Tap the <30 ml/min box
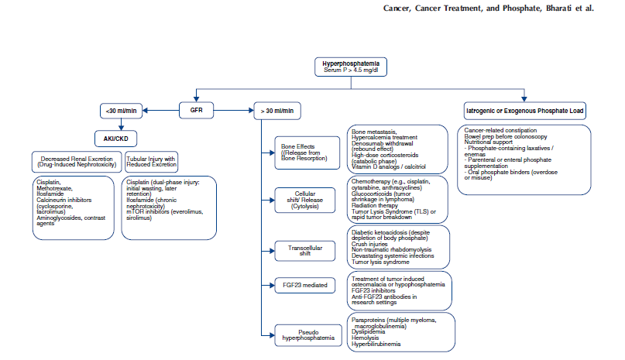coord(122,111)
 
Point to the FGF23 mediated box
coord(304,286)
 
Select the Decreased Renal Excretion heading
coord(76,161)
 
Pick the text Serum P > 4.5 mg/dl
coord(349,71)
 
